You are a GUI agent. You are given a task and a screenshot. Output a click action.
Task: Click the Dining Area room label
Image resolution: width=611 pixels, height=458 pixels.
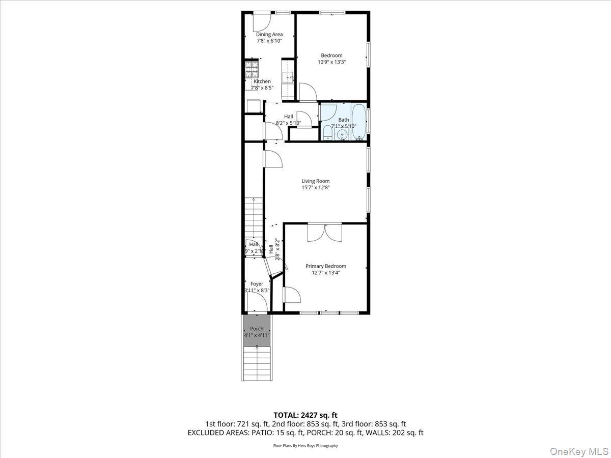point(269,35)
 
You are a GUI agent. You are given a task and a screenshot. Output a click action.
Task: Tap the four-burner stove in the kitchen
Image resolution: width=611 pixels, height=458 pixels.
point(251,69)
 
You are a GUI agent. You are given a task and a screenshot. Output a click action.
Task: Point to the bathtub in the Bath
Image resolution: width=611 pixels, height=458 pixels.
point(359,122)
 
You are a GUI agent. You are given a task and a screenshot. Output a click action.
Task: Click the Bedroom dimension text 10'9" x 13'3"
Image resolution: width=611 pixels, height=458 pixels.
point(331,62)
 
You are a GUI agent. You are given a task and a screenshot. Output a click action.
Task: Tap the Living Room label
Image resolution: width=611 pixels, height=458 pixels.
point(315,181)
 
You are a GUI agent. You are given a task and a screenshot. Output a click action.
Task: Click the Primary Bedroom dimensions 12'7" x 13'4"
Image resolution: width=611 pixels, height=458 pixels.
point(325,273)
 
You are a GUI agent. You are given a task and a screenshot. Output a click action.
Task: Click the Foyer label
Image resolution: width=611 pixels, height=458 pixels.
point(257,284)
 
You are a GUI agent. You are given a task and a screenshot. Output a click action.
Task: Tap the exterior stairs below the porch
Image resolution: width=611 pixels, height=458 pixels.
point(257,364)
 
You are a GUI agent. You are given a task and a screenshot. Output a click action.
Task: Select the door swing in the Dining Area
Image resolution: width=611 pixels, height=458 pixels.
point(261,20)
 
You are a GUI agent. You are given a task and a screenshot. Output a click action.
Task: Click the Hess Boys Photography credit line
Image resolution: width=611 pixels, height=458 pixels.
point(305,446)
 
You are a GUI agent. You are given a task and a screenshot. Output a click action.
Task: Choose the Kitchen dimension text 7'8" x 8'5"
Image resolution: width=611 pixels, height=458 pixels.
point(262,88)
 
